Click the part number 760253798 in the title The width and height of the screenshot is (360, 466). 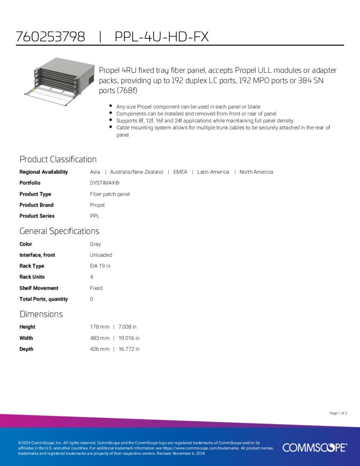(x=50, y=37)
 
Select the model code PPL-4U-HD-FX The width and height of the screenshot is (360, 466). (x=162, y=37)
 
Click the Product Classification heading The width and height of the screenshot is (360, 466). (x=58, y=159)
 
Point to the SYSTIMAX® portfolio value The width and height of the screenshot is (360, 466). (x=105, y=183)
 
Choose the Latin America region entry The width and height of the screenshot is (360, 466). (x=213, y=172)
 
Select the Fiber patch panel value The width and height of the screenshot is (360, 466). (x=110, y=194)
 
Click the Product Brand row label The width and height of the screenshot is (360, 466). (x=36, y=205)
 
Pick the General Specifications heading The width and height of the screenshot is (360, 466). (x=59, y=231)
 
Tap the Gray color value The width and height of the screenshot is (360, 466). (x=96, y=244)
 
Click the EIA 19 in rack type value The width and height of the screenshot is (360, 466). (x=100, y=266)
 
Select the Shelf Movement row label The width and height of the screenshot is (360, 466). (x=39, y=288)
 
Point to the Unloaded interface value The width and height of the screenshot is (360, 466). (x=101, y=255)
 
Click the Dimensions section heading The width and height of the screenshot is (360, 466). (x=41, y=314)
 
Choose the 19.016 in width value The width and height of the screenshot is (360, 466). (x=129, y=338)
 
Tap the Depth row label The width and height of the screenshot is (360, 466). (x=26, y=349)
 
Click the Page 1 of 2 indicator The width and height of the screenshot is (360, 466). (x=338, y=413)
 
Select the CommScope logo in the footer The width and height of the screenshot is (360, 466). (x=314, y=447)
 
